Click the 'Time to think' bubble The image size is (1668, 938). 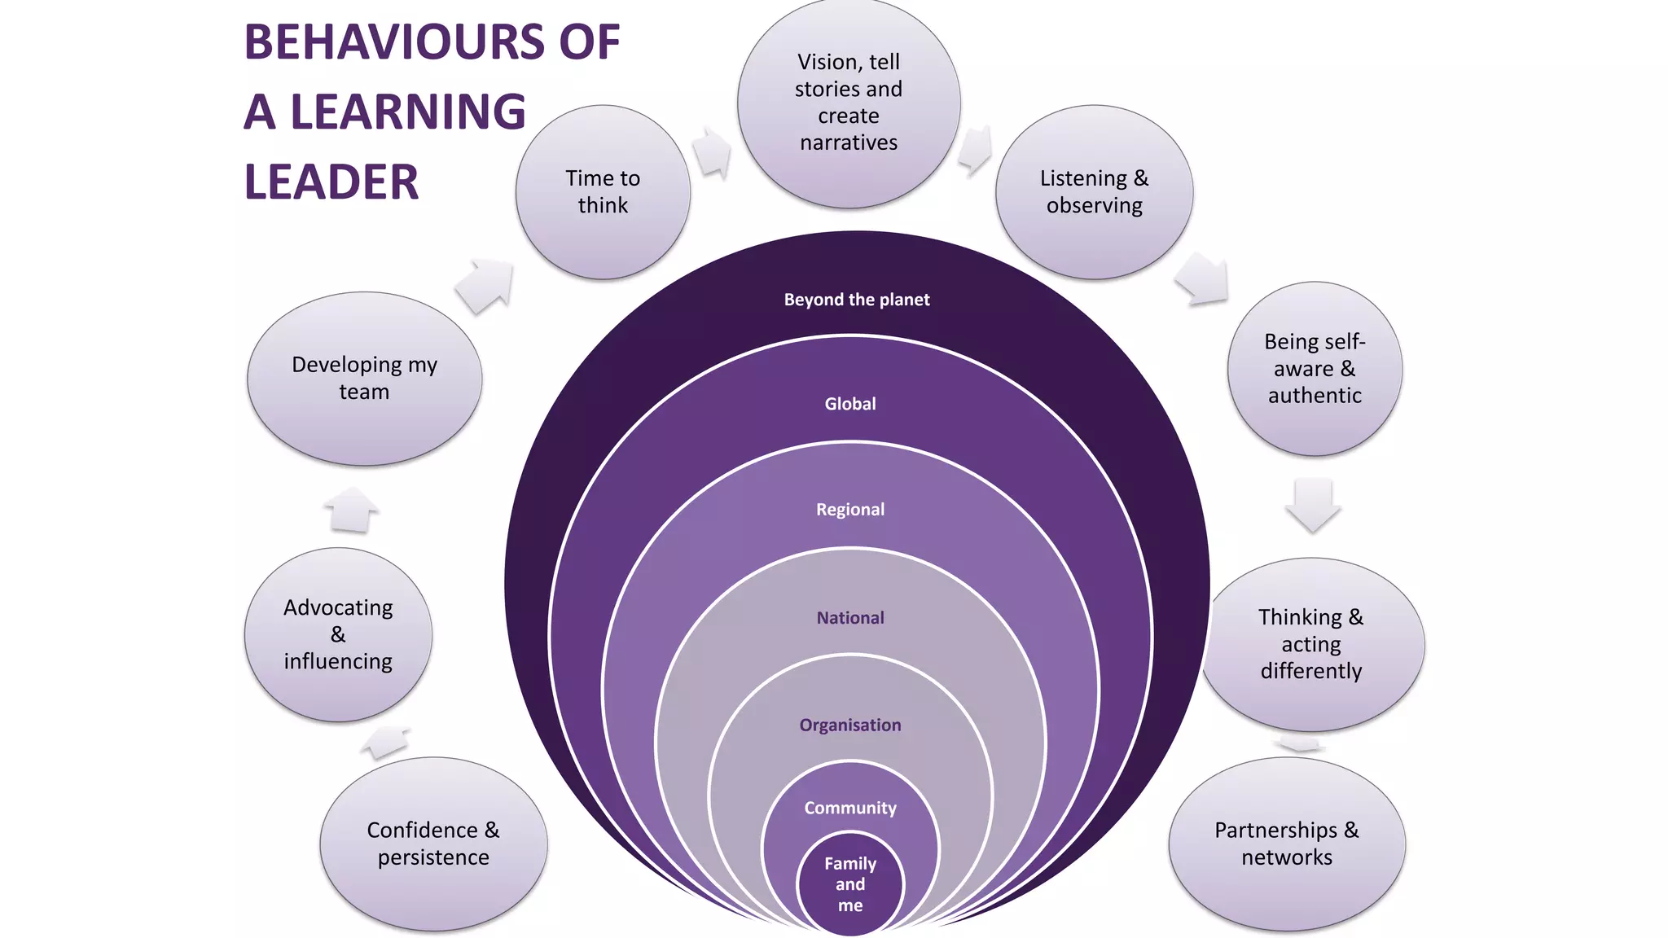(603, 192)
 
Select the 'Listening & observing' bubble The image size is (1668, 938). (1094, 192)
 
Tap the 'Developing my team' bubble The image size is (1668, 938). (364, 379)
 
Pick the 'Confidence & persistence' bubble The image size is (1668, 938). (433, 844)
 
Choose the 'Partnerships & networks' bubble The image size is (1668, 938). (1287, 844)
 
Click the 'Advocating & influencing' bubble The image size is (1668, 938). (338, 634)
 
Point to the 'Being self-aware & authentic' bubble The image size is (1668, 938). (1315, 369)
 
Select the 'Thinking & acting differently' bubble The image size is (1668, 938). (1311, 644)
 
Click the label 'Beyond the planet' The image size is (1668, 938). (856, 300)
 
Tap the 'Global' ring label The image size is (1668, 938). (850, 404)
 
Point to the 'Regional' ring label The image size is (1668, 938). (850, 510)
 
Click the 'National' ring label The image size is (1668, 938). (850, 618)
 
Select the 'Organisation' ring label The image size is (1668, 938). (850, 725)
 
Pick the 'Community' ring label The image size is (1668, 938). (850, 808)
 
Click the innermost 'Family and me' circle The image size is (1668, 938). (850, 884)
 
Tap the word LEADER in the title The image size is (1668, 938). (331, 182)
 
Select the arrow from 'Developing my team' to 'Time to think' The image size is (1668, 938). (485, 286)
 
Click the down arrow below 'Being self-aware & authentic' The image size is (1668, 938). (1313, 505)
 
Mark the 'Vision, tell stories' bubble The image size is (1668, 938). (849, 103)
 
